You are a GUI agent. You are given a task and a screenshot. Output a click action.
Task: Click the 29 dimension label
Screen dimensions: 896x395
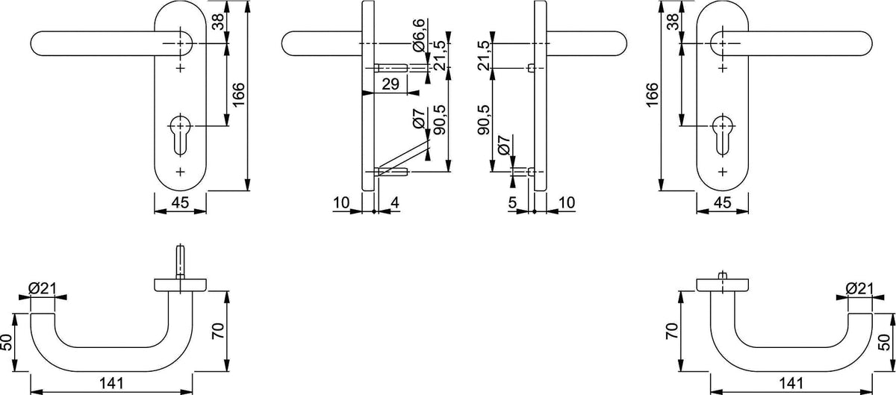pos(391,84)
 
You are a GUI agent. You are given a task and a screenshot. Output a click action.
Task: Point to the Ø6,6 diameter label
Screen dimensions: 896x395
pos(418,36)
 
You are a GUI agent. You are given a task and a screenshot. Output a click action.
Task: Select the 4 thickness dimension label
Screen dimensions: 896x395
pos(394,203)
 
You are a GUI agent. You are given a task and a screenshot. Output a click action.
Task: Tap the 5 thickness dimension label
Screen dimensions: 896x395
pos(512,203)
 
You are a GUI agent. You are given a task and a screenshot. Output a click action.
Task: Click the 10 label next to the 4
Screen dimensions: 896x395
pos(341,203)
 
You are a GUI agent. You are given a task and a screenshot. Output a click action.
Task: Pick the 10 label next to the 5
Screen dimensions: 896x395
pos(567,203)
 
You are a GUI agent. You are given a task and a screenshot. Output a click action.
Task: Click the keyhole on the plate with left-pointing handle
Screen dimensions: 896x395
pos(181,135)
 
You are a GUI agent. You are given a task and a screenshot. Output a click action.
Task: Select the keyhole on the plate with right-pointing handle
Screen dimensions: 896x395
pos(723,135)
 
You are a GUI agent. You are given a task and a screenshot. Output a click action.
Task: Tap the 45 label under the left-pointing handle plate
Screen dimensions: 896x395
pos(180,202)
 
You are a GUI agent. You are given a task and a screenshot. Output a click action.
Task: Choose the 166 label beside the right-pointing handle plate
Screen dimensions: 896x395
pos(652,95)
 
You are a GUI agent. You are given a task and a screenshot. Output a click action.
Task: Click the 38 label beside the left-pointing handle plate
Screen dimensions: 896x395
pos(218,22)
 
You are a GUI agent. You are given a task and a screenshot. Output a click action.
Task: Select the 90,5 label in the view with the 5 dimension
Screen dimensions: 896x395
pos(485,120)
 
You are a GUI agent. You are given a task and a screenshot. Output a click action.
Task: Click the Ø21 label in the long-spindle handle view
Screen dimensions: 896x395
pos(43,288)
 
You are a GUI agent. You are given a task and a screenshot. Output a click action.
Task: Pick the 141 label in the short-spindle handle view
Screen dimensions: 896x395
pos(791,383)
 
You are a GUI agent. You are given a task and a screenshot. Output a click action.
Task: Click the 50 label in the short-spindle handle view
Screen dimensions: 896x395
pos(886,342)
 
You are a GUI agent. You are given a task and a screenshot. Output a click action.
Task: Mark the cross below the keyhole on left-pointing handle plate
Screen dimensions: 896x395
pos(181,172)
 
